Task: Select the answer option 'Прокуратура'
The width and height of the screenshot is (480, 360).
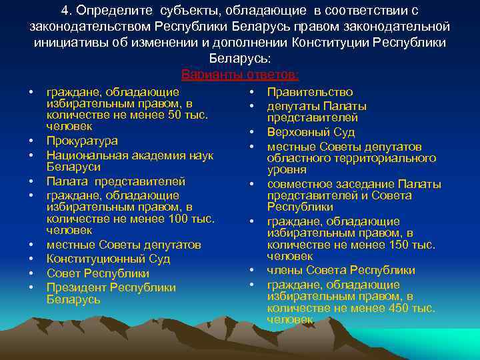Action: click(82, 141)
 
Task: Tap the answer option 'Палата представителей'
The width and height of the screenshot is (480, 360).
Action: click(115, 181)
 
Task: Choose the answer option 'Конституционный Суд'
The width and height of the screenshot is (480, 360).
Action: click(108, 259)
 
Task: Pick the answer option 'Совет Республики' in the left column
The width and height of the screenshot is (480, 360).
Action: click(97, 273)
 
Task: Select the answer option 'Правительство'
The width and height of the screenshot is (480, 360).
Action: click(310, 92)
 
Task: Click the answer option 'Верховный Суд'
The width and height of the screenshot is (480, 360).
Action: click(311, 132)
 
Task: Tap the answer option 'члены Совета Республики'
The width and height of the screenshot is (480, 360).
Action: click(341, 270)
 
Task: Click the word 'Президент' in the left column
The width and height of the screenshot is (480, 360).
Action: click(77, 287)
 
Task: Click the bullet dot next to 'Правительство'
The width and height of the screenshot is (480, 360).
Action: click(253, 92)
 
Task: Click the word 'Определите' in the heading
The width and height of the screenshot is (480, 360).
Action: click(109, 11)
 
